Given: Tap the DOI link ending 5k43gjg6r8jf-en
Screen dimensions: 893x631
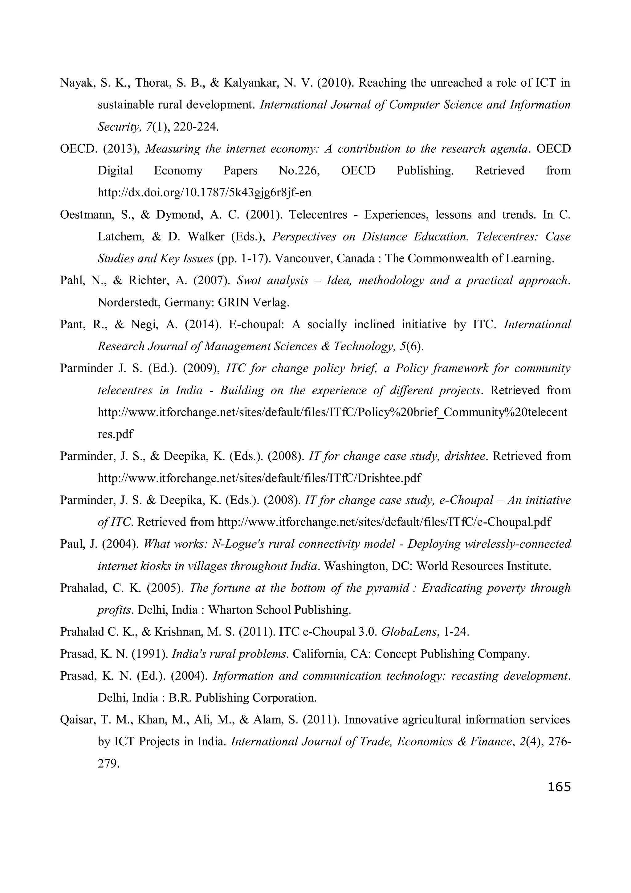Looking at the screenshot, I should point(205,193).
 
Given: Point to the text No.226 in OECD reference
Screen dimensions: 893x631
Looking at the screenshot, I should point(299,171).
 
